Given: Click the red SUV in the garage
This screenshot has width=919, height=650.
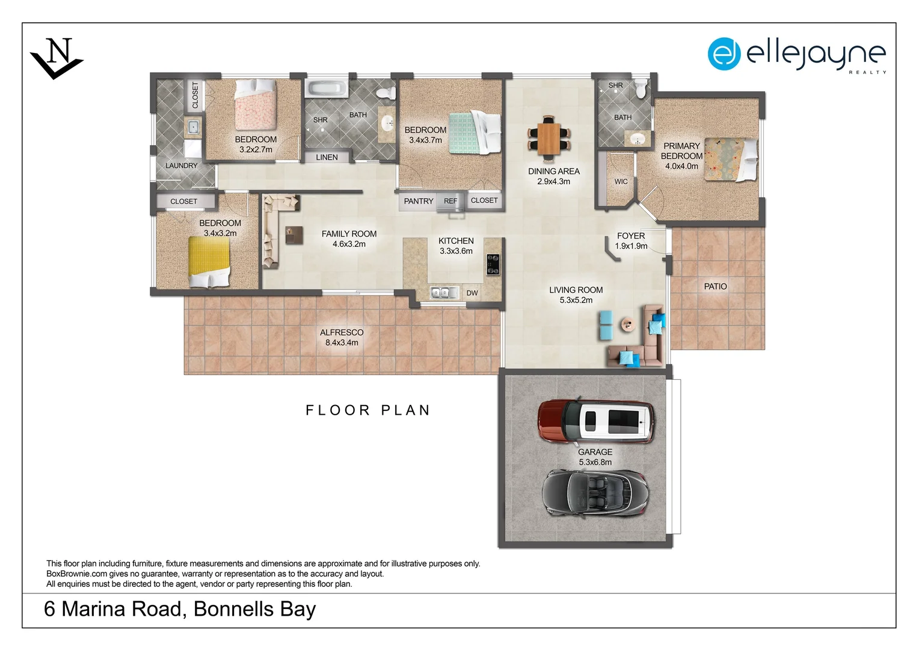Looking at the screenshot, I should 595,421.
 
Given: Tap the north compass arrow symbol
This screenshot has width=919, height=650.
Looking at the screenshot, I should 57,58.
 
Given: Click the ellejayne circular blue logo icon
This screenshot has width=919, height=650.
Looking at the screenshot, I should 724,54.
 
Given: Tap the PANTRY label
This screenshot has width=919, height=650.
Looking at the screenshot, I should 419,201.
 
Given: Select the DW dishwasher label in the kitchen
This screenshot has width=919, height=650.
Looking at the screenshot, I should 472,293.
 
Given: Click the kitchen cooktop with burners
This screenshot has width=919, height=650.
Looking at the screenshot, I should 493,264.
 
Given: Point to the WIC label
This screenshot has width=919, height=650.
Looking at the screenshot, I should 621,182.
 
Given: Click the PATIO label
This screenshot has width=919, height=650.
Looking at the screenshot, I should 715,286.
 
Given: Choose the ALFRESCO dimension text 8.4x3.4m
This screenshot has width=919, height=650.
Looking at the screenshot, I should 342,343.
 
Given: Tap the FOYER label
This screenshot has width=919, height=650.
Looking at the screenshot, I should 630,236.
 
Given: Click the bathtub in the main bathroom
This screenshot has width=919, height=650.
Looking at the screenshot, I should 327,89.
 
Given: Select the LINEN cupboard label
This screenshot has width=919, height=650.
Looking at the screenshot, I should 327,157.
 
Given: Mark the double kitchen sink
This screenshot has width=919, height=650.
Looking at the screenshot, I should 441,293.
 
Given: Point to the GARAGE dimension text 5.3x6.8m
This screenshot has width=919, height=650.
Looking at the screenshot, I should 595,462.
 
